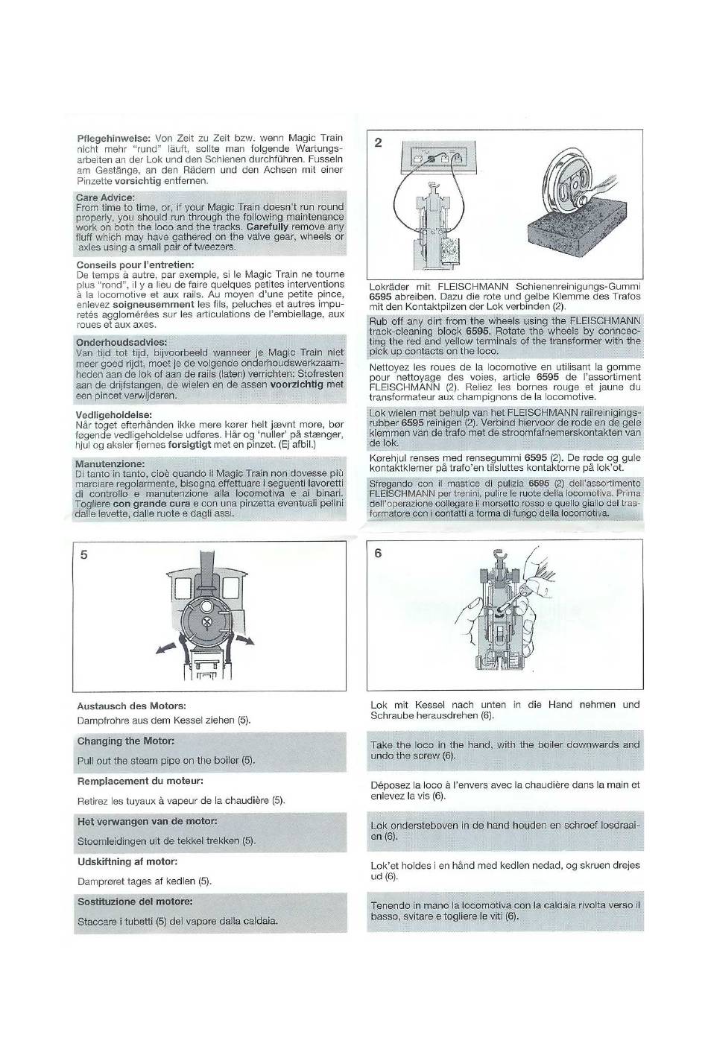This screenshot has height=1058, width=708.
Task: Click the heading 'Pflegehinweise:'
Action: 113,139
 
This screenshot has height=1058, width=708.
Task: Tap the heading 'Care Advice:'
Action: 106,197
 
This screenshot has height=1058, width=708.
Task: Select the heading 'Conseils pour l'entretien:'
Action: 136,264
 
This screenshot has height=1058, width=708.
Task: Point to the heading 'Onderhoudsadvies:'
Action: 121,341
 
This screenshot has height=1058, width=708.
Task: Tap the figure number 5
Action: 83,554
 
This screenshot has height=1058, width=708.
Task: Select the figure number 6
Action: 378,553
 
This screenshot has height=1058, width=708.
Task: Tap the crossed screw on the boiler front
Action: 206,623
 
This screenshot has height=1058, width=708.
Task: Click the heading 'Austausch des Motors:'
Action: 131,706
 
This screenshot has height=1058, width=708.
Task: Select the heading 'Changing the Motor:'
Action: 126,741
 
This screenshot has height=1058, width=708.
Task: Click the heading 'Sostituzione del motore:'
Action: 135,902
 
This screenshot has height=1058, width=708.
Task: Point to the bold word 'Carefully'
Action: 271,227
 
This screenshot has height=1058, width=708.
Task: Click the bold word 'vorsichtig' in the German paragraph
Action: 135,181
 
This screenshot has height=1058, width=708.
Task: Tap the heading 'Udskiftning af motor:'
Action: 127,861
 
